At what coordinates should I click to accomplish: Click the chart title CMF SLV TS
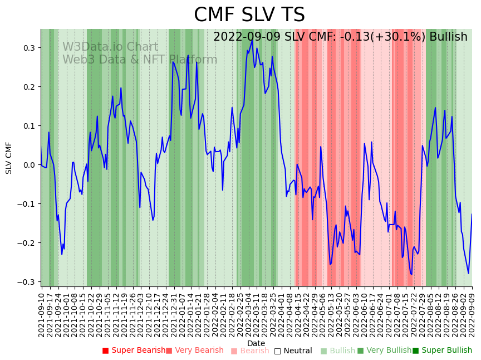tap(249, 15)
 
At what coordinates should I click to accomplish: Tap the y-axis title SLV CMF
tap(9, 158)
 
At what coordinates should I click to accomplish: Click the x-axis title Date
tap(256, 343)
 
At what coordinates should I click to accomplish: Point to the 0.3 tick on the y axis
tap(29, 48)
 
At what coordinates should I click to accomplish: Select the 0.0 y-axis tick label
tap(29, 165)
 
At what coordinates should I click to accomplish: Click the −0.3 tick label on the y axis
tap(27, 282)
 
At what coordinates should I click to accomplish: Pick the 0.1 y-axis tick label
tap(29, 126)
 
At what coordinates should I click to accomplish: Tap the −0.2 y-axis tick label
tap(27, 243)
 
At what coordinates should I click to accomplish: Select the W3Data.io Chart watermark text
tap(110, 47)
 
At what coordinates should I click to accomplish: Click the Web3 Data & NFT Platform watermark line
tap(140, 60)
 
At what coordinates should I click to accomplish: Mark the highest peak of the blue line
tap(252, 40)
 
